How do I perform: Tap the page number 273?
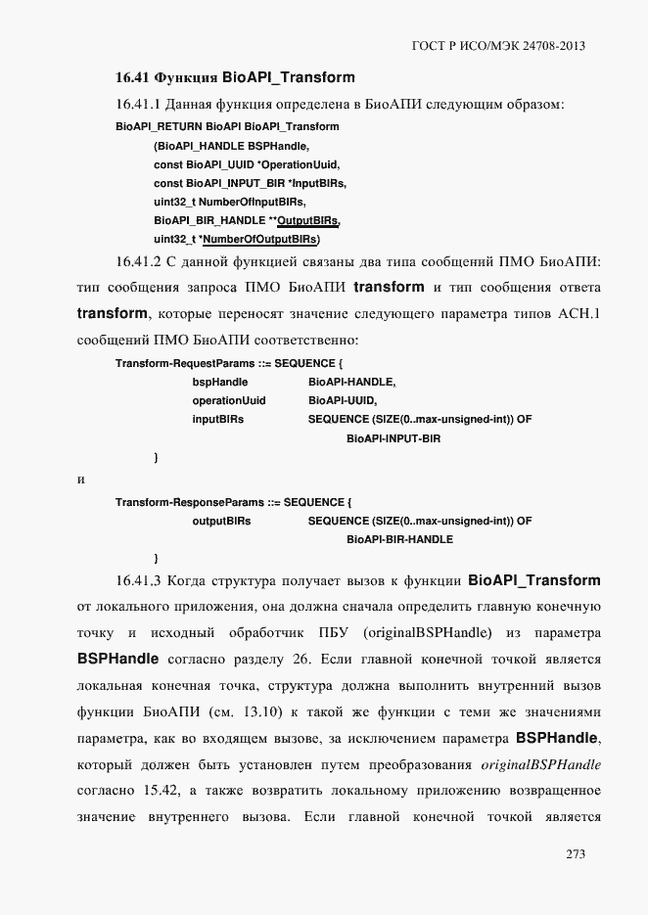point(575,854)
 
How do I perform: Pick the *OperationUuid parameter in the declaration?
point(306,164)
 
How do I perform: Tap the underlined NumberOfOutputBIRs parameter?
point(273,239)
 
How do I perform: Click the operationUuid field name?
point(228,401)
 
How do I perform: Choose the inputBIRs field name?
point(217,420)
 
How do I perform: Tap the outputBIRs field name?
point(221,521)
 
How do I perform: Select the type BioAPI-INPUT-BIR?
point(393,438)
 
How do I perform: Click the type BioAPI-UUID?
point(342,401)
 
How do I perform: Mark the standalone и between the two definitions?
point(80,480)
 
